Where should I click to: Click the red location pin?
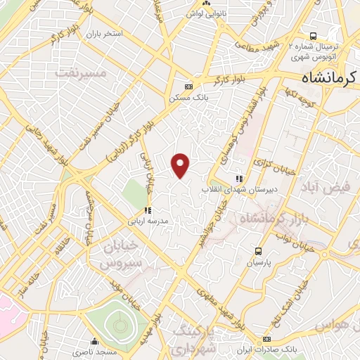(x=181, y=165)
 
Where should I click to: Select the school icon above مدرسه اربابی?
(x=148, y=210)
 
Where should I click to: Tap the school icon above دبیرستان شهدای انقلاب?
(x=239, y=179)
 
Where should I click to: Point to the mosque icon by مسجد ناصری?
(x=94, y=340)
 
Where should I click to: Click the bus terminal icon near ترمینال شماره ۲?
(x=313, y=35)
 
